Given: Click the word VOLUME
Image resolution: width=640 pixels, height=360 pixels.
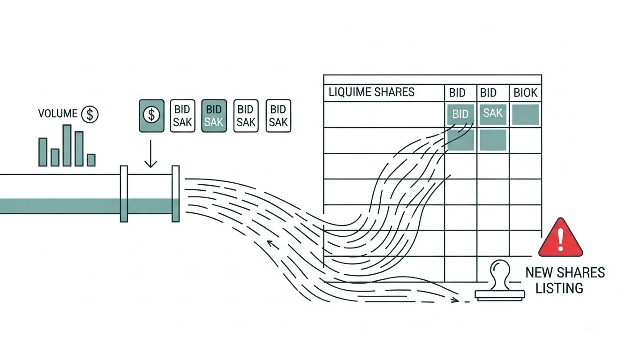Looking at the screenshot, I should point(58,114).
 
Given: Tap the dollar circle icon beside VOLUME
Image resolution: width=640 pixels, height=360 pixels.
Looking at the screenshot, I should point(90,114).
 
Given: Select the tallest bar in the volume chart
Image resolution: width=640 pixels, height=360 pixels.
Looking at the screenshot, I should point(67,145).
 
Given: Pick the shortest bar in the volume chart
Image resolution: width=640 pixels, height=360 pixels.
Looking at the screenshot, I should point(91,160).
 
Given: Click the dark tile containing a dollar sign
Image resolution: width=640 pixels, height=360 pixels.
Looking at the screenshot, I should point(151,115).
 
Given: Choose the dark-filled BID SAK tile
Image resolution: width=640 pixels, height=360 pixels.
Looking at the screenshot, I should point(214,115).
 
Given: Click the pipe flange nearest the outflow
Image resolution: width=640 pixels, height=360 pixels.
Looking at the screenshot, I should point(175,193).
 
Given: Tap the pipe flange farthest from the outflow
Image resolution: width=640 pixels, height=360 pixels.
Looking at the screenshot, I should point(124,193).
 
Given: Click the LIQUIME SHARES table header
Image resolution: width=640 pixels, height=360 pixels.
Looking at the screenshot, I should point(371,92).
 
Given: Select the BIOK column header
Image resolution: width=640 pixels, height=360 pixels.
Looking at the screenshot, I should point(526,93).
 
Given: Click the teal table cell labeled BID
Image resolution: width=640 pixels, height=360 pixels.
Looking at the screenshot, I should point(460,114).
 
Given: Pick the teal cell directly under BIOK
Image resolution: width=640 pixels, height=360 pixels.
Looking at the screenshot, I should point(525,114).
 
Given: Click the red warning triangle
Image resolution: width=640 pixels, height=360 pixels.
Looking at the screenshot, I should point(560,239).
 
